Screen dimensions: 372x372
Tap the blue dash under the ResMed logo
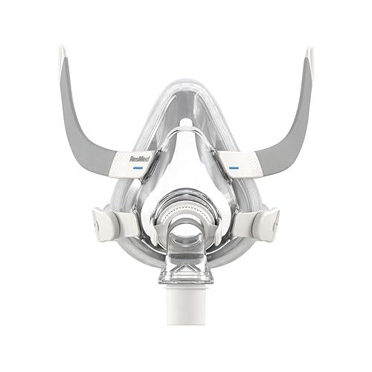point(138,168)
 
